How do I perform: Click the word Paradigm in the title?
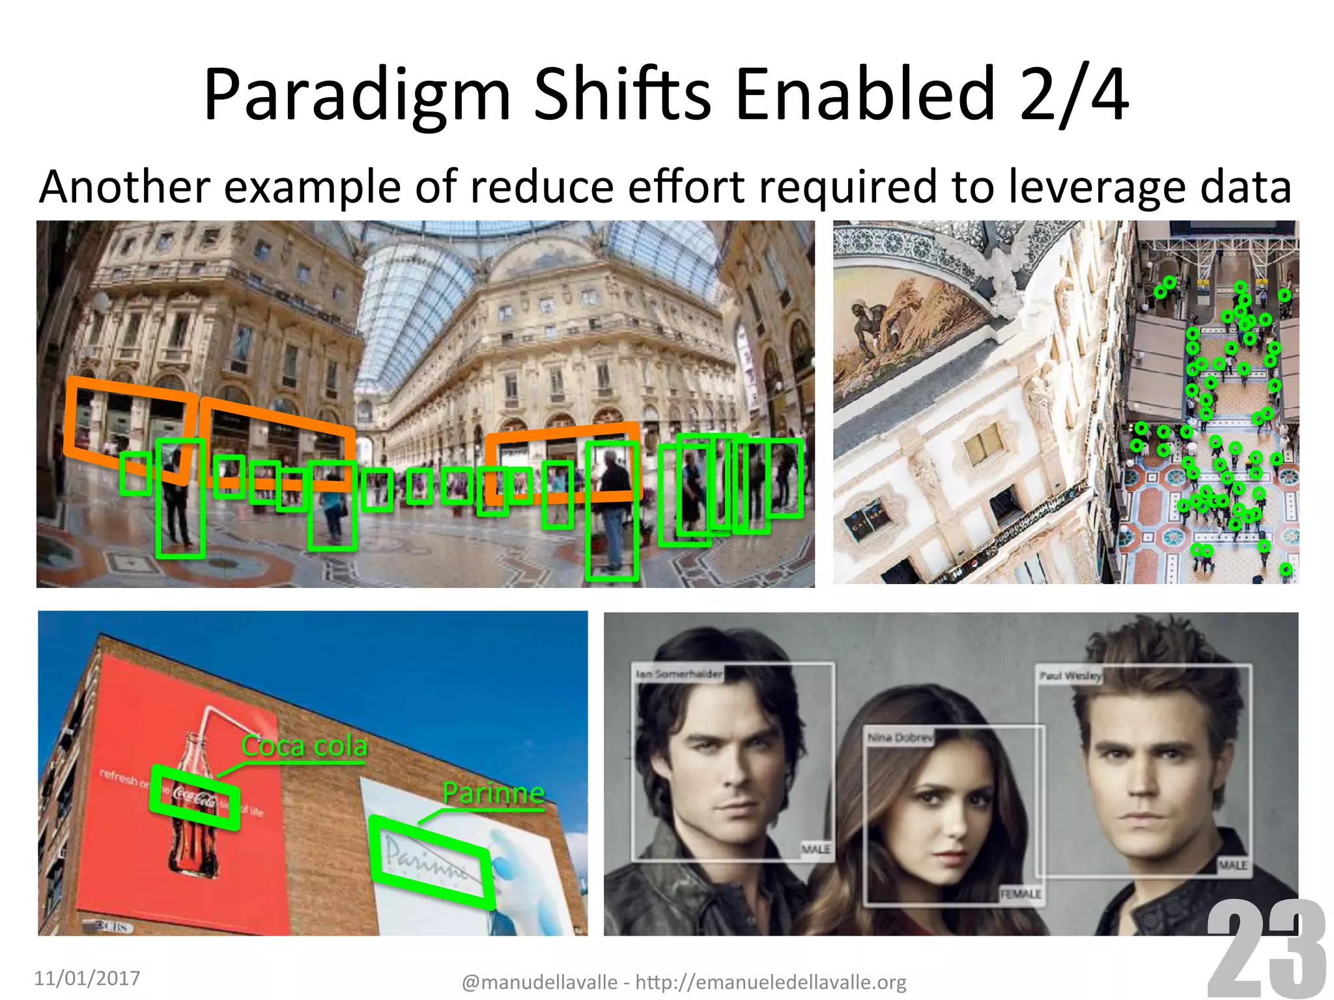pos(356,96)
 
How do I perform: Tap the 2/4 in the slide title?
pos(1073,96)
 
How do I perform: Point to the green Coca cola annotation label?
pos(304,746)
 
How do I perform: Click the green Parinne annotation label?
pos(493,793)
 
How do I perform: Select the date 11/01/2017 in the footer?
pos(87,978)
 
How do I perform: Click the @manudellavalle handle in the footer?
pos(539,982)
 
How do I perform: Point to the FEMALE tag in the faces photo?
pos(1020,895)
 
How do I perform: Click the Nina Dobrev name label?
pos(900,738)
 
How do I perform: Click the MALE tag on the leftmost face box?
pos(816,850)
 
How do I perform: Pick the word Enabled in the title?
pos(865,96)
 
